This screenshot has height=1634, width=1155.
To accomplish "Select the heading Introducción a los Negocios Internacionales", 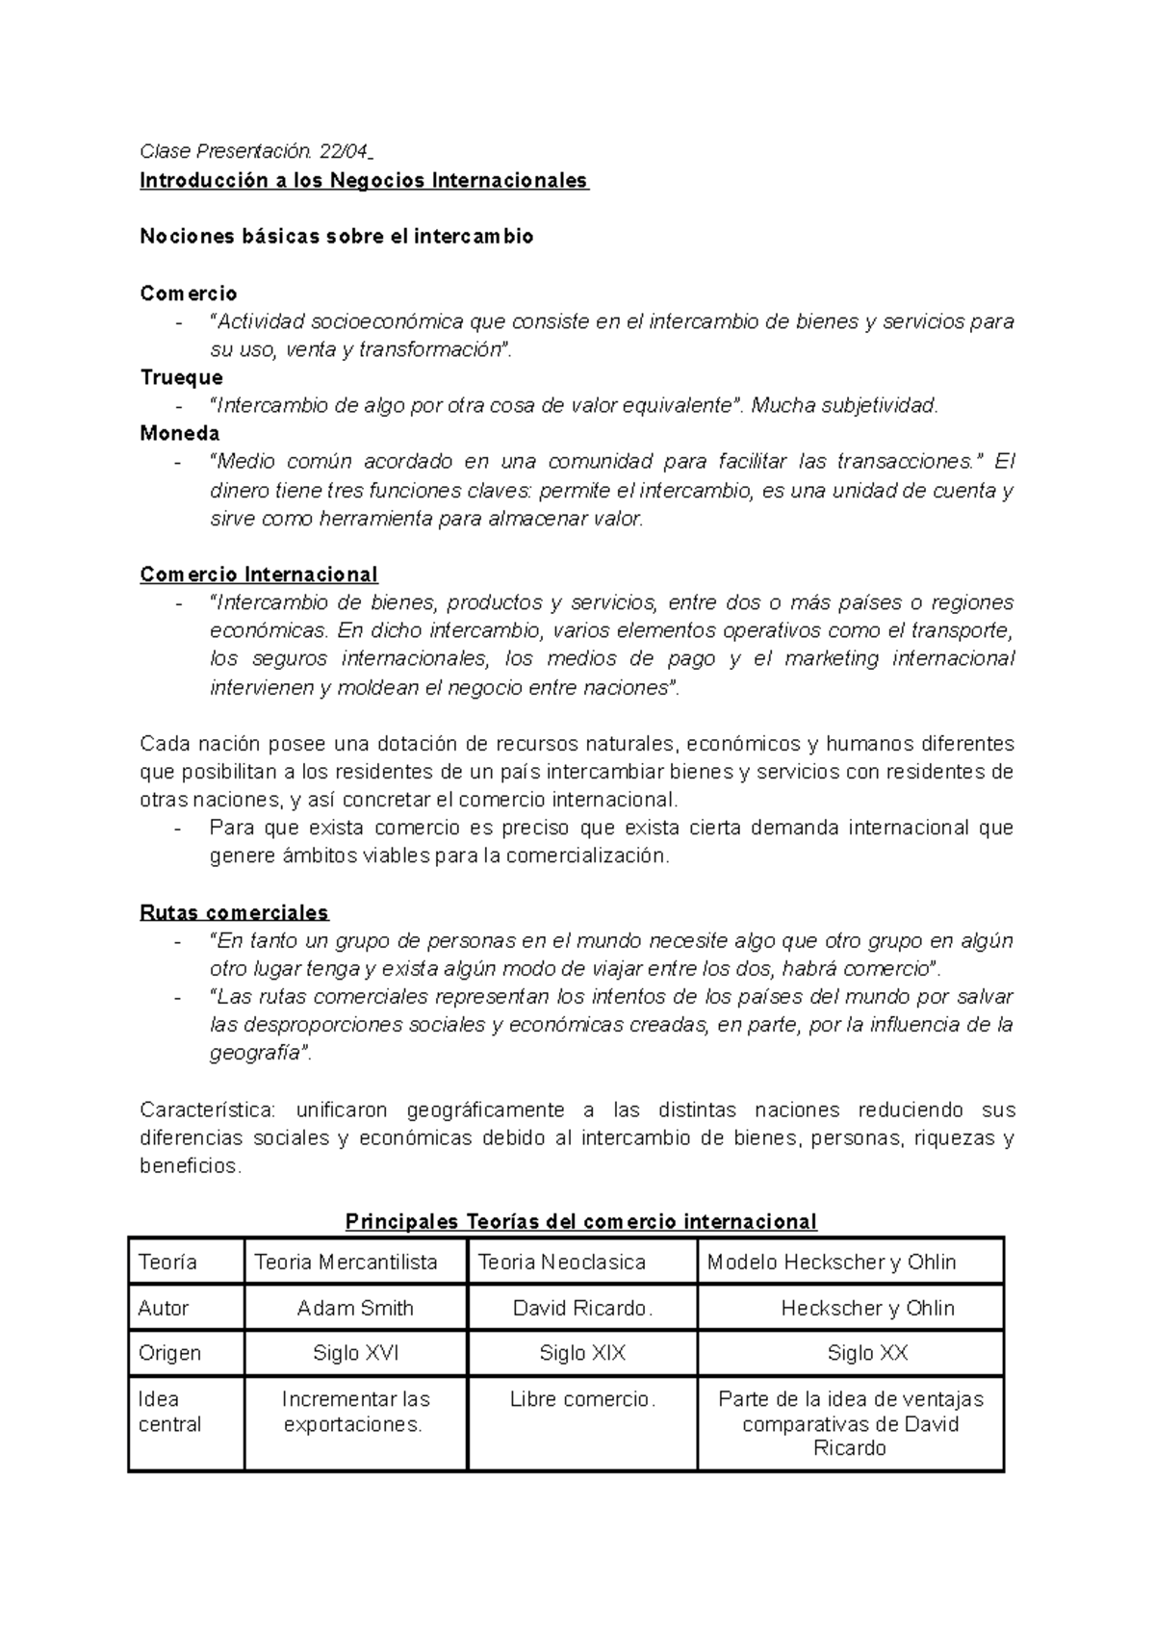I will (363, 180).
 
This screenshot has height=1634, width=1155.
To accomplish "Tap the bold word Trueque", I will (181, 377).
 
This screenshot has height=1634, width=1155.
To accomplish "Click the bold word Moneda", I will (179, 433).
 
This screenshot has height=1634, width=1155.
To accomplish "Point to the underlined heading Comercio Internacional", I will (258, 574).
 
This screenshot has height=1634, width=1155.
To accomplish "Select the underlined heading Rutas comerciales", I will (234, 911).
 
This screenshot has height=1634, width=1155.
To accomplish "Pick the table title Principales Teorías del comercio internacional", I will (580, 1221).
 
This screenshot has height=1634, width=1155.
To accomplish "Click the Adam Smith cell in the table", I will (355, 1308).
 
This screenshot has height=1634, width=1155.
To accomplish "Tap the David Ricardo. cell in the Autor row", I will (582, 1308).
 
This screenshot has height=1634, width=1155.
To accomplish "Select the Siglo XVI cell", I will (355, 1353).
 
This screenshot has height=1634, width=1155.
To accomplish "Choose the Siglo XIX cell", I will (582, 1353).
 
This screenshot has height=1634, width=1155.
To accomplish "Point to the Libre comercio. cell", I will (582, 1399).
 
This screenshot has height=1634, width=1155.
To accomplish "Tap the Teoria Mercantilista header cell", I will (346, 1262).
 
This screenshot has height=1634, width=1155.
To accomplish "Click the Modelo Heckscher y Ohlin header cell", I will (832, 1262).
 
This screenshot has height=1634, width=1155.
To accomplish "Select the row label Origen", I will (169, 1353).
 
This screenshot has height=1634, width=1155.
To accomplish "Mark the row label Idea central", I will (169, 1412).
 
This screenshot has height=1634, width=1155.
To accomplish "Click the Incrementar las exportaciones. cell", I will (354, 1412).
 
